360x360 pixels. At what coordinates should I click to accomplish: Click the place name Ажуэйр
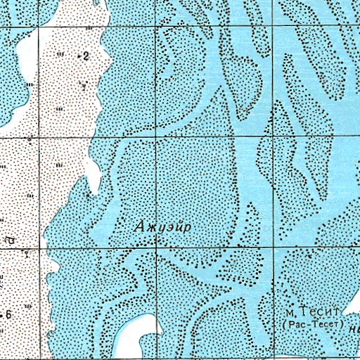pos(163,226)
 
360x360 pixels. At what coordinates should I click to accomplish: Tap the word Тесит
pos(319,311)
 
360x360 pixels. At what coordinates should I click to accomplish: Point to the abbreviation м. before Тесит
pos(290,312)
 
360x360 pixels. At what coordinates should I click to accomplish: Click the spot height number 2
pos(86,56)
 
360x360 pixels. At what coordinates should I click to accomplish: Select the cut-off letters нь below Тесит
pos(352,326)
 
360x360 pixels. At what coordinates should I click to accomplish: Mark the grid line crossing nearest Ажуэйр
pos(155,247)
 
